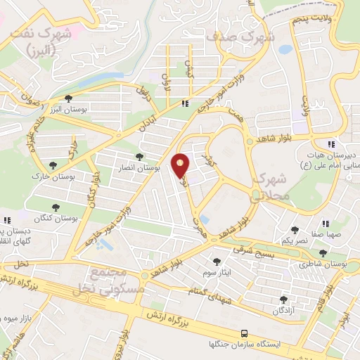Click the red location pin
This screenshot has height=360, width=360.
pos(181,165)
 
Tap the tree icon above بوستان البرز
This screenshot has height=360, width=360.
pos(68,98)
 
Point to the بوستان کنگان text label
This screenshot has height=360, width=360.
pos(60,219)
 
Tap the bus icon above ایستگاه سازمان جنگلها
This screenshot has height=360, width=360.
pos(244,333)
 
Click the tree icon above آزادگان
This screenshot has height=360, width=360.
pos(284,299)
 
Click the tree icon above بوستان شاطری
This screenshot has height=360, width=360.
pos(323,253)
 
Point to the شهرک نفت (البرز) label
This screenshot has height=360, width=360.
pos(46,41)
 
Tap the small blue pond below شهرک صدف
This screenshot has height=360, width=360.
pos(285,50)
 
